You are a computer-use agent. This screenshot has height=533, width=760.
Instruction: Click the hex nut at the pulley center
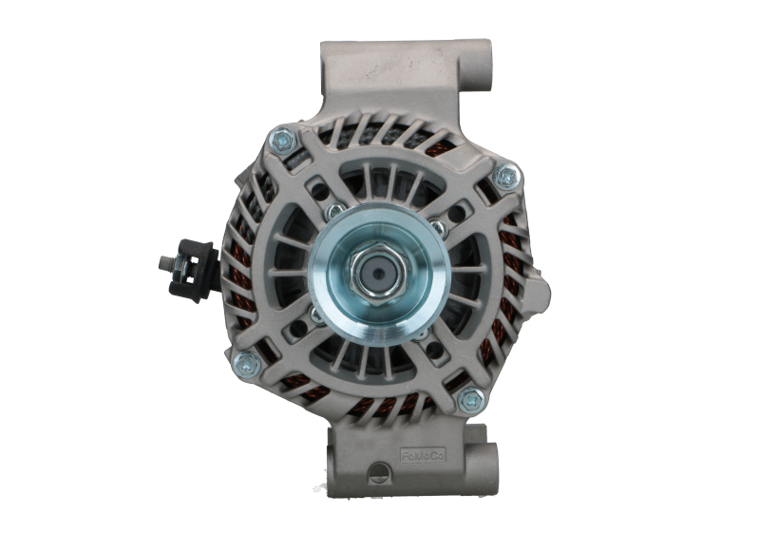(x=377, y=274)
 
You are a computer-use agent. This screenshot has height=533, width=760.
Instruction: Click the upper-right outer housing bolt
(x=508, y=174)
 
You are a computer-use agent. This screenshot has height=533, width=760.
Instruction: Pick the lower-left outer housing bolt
(x=244, y=361)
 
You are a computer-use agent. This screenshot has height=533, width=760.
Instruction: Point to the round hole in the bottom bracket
(x=381, y=471)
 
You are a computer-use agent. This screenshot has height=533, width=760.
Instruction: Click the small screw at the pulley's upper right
(x=438, y=227)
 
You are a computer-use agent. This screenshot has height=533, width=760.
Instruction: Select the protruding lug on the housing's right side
(x=538, y=285)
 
